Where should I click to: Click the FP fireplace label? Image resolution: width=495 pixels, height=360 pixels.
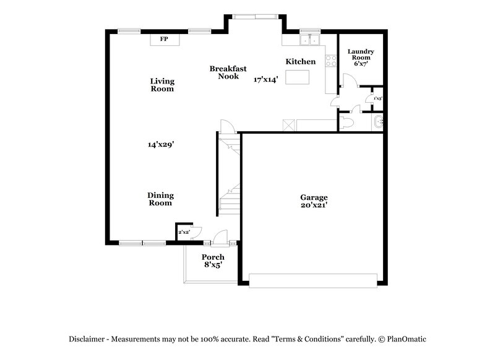164,39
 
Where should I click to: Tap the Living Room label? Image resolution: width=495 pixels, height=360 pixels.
163,85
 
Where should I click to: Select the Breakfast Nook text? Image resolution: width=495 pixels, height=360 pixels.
224,72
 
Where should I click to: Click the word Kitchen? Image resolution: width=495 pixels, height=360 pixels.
301,62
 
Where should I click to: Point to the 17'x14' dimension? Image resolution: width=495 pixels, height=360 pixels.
266,79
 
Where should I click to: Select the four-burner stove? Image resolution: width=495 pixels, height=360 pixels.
331,61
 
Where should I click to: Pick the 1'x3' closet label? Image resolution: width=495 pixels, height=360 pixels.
377,98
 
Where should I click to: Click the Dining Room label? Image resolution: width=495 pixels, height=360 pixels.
160,199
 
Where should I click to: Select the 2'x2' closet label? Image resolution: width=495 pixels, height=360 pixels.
184,232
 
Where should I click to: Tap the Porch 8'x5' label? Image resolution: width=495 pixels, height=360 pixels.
213,260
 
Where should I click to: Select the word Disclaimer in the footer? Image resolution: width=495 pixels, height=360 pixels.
87,339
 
